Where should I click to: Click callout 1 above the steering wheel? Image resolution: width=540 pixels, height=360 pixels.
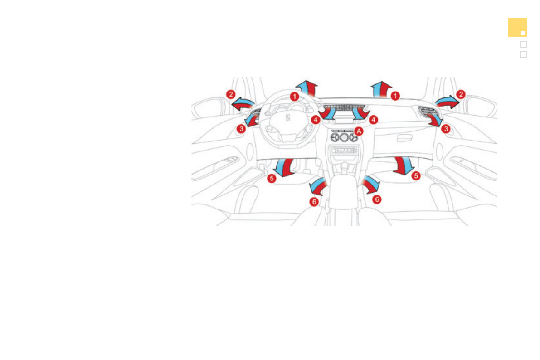pyautogui.click(x=294, y=97)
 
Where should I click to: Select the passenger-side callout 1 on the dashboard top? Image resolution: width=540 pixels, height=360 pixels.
pyautogui.click(x=395, y=96)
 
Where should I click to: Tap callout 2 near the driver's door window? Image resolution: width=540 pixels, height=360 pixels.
pyautogui.click(x=231, y=94)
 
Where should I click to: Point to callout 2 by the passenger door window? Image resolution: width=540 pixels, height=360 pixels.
pyautogui.click(x=461, y=94)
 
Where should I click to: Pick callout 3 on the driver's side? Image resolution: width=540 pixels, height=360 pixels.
pyautogui.click(x=241, y=129)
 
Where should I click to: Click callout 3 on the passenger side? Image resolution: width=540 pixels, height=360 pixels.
pyautogui.click(x=446, y=129)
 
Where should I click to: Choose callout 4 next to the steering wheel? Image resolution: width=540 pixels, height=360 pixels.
pyautogui.click(x=316, y=120)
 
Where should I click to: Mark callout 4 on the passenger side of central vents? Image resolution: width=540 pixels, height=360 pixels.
pyautogui.click(x=373, y=120)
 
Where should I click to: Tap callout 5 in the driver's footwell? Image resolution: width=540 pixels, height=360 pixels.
pyautogui.click(x=272, y=178)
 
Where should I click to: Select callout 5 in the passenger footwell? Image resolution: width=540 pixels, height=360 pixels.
pyautogui.click(x=416, y=176)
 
